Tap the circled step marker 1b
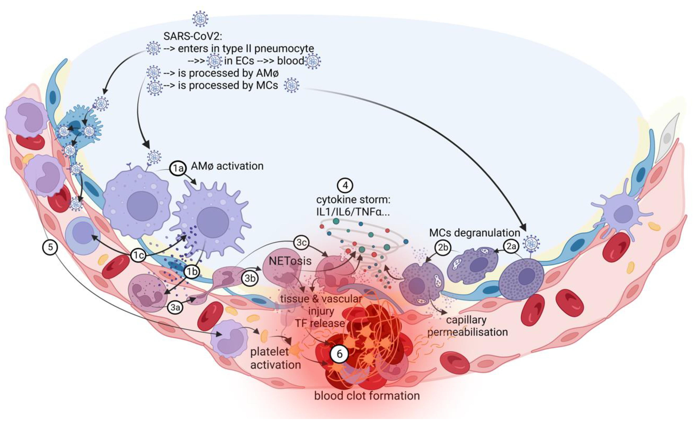coord(192,272)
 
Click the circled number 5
coord(50,247)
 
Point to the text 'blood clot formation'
coord(367,396)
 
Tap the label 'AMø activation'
coord(227,166)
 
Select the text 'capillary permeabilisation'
coord(467,326)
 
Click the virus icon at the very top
coord(200,19)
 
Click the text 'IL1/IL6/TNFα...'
coord(353,212)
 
